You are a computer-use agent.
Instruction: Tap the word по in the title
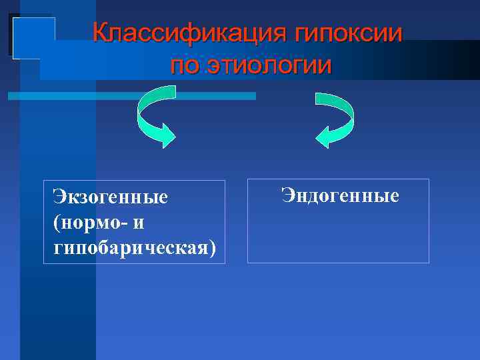pyautogui.click(x=185, y=65)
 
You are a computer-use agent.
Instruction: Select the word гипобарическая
pyautogui.click(x=129, y=247)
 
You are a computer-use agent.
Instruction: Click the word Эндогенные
pyautogui.click(x=340, y=196)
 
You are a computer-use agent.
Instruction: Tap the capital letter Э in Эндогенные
pyautogui.click(x=287, y=196)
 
